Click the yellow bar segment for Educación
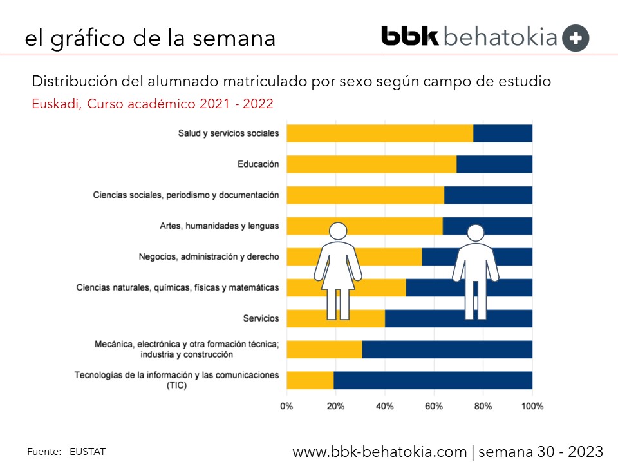(x=371, y=164)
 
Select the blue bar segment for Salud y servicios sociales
(x=503, y=133)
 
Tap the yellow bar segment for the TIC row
(x=310, y=380)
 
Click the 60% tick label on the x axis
(x=434, y=407)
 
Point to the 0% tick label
(x=286, y=407)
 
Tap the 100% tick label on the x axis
(x=532, y=407)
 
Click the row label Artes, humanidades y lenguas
(x=219, y=226)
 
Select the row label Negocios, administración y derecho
(x=209, y=256)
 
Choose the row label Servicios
(x=261, y=318)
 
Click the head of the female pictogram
(x=338, y=231)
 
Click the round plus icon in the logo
(x=576, y=38)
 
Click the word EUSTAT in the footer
(x=88, y=451)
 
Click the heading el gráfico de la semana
(x=150, y=38)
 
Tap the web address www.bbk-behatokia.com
(x=379, y=450)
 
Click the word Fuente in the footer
(x=44, y=451)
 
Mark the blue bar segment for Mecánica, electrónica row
(x=447, y=349)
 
